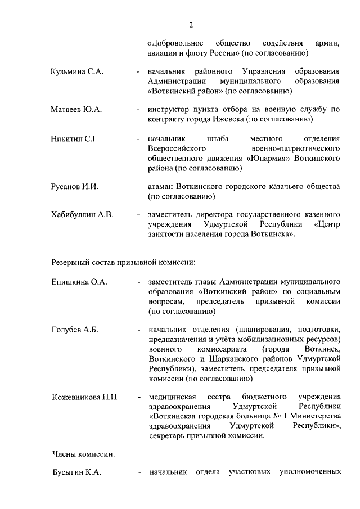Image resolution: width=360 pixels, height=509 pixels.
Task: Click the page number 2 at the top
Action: pos(191,24)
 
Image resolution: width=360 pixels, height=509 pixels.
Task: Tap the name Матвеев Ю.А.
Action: pos(76,109)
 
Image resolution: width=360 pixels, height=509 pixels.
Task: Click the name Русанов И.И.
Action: pos(74,187)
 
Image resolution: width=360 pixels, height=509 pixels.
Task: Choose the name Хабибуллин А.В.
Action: pos(82,214)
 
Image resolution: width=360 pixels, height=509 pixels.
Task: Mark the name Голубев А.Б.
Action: pos(75,330)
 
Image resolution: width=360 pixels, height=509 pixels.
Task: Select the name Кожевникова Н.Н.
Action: pos(85,397)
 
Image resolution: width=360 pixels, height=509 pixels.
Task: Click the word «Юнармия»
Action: pos(268,159)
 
